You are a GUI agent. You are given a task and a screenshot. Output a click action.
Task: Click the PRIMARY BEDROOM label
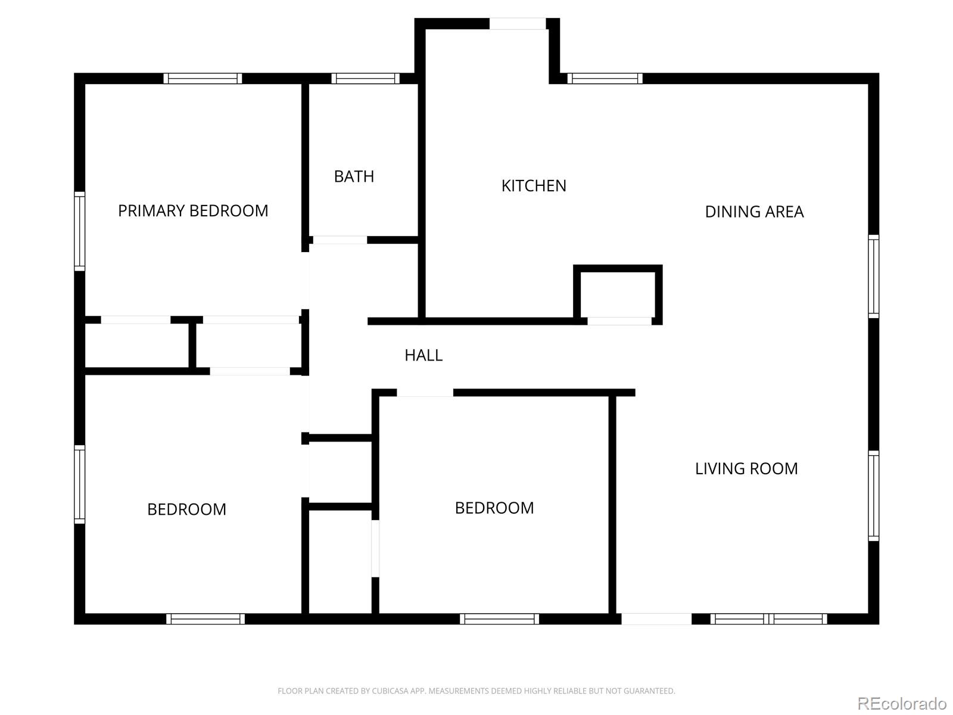193,211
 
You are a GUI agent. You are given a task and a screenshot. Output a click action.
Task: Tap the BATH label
354,177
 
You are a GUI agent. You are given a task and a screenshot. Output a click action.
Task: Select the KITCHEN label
534,186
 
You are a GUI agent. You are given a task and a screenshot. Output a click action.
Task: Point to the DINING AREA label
754,212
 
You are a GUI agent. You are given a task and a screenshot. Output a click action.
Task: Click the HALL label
423,356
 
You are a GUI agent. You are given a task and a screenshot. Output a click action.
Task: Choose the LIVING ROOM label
746,469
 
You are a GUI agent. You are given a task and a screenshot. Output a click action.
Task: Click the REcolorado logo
902,703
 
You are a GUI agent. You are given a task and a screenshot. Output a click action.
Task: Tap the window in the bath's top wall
366,79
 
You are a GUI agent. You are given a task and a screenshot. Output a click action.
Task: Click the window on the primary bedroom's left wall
79,231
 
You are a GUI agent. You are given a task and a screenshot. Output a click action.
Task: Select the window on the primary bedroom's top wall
203,79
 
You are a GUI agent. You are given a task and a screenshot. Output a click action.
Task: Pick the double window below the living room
768,618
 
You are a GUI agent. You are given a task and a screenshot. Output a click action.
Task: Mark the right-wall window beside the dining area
874,276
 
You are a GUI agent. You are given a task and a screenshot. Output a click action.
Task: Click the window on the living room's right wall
874,496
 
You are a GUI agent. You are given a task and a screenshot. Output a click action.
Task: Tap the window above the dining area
605,79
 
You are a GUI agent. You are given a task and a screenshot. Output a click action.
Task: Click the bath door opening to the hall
340,240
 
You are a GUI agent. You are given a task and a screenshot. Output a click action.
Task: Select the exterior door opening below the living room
656,618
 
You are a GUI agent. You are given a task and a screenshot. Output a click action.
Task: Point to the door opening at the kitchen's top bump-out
518,23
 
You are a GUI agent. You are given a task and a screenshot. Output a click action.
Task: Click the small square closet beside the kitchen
618,295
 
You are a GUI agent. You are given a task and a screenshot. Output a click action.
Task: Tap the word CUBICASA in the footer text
388,691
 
